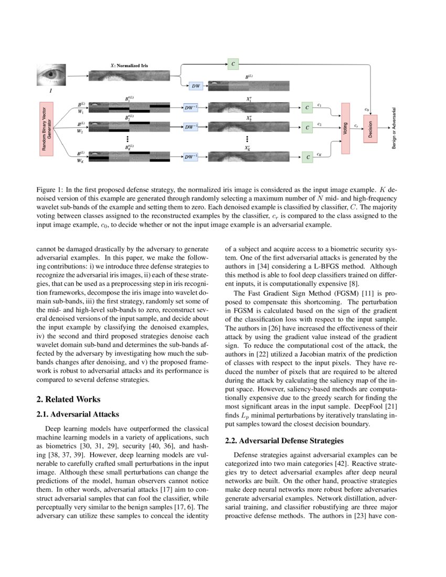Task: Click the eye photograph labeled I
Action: [x=51, y=75]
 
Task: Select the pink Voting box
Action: [x=345, y=128]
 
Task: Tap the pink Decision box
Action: [x=370, y=128]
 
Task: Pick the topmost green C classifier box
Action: [x=233, y=64]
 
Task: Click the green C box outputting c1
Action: [x=307, y=108]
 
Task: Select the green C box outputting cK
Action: [x=307, y=156]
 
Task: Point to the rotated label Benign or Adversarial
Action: [x=394, y=128]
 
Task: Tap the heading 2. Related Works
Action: [x=69, y=399]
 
